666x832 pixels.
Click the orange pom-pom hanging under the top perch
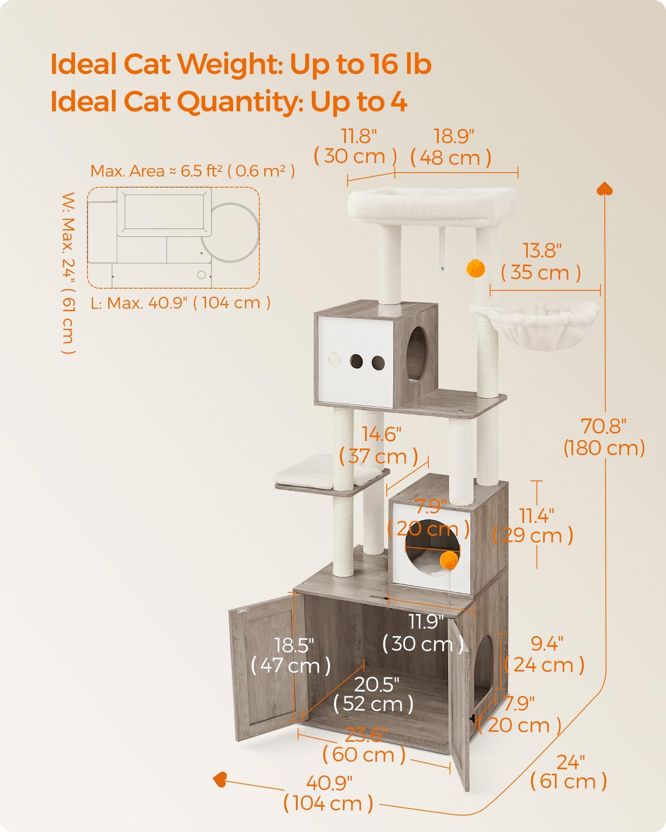(x=475, y=268)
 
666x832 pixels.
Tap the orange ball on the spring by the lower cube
(x=448, y=560)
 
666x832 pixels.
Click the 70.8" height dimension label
(x=604, y=437)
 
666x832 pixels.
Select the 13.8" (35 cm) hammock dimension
(x=541, y=262)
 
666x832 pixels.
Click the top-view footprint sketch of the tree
(x=173, y=237)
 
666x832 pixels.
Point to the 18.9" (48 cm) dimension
(x=452, y=147)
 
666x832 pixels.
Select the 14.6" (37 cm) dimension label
(x=379, y=445)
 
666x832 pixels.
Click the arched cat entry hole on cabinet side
(x=483, y=668)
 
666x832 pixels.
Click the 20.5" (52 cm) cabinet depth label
(x=374, y=694)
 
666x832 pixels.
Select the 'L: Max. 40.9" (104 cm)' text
(x=181, y=303)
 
